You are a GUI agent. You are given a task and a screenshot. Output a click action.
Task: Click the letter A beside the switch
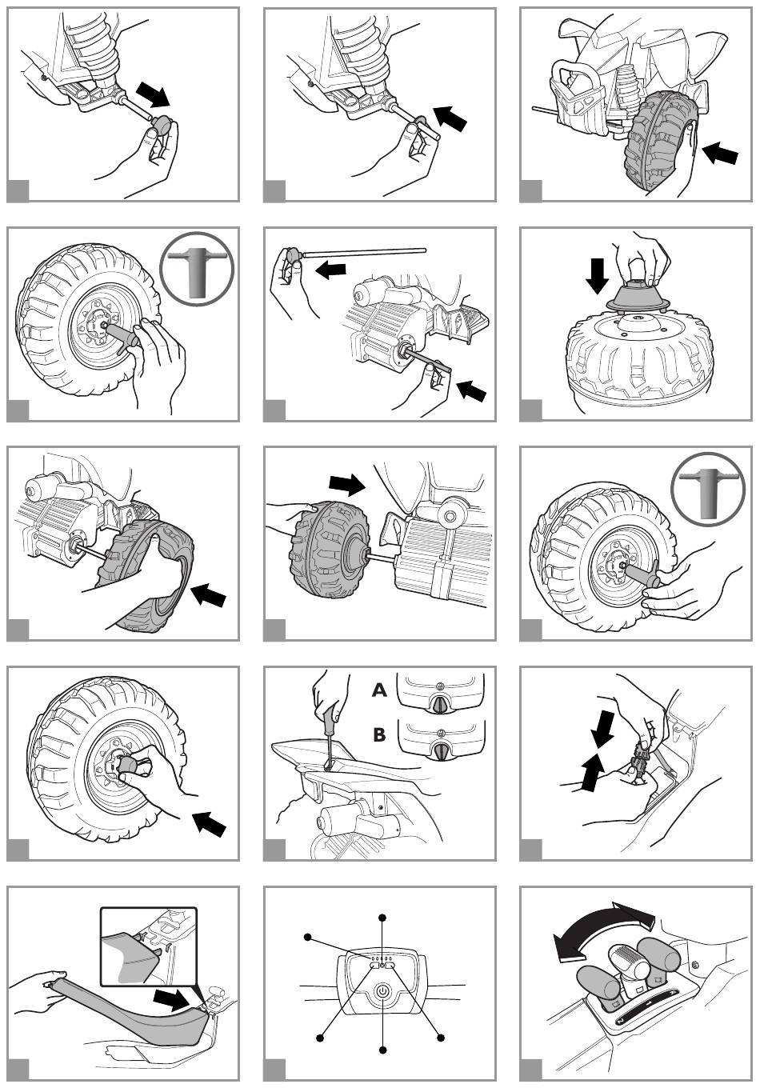pyautogui.click(x=379, y=690)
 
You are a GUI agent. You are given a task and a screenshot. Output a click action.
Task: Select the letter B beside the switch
pyautogui.click(x=379, y=734)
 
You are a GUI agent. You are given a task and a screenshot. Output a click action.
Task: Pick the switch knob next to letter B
pyautogui.click(x=442, y=750)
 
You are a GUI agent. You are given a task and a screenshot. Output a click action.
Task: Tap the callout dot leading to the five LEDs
pyautogui.click(x=307, y=936)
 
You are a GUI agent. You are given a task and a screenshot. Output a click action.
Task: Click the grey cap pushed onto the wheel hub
pyautogui.click(x=129, y=765)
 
